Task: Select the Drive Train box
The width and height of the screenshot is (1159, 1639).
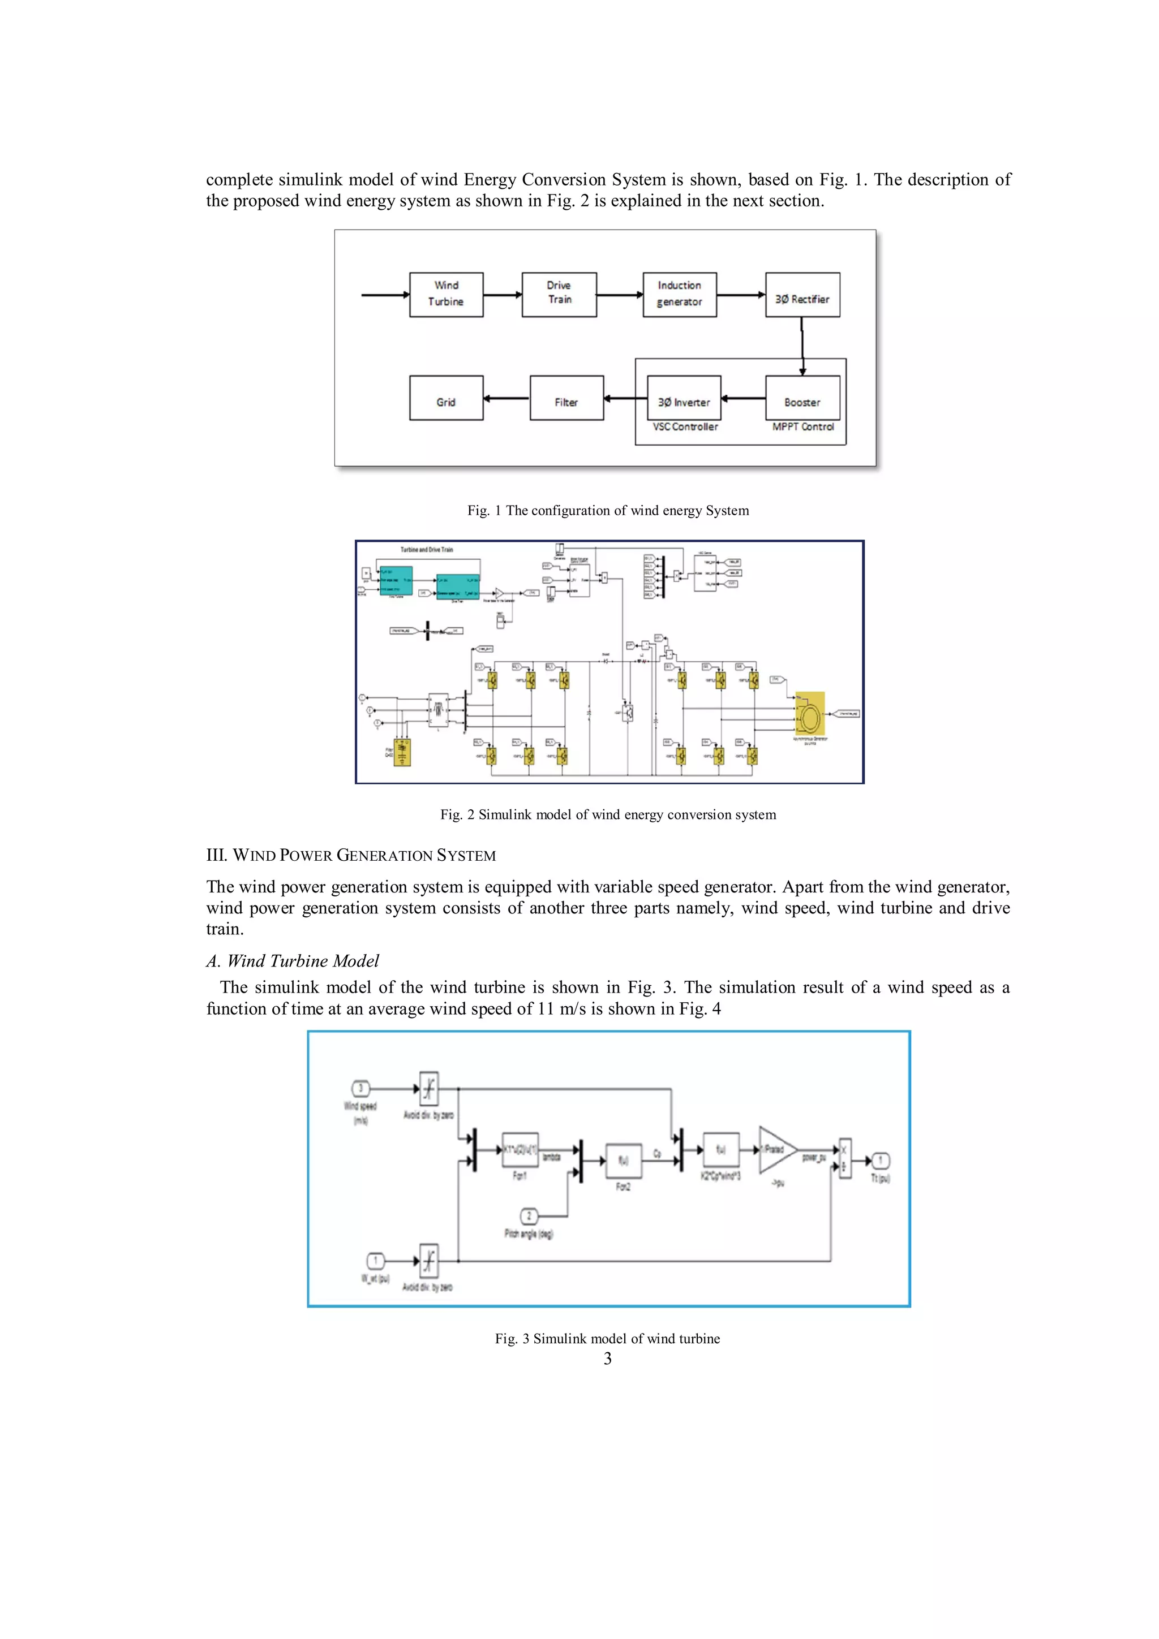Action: click(559, 294)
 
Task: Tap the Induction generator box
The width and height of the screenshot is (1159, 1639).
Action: click(679, 294)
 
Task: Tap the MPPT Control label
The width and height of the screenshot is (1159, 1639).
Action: click(802, 427)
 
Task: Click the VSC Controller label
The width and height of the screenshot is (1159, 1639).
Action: click(685, 427)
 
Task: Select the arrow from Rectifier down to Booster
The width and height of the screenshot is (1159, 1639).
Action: click(802, 346)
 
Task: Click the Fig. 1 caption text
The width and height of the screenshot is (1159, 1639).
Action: click(608, 510)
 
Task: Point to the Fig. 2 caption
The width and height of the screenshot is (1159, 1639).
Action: click(608, 814)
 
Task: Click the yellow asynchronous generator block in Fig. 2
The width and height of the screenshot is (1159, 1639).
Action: click(810, 713)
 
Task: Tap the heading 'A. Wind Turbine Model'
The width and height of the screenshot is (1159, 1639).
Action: click(292, 961)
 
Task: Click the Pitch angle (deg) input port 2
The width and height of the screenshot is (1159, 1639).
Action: click(529, 1216)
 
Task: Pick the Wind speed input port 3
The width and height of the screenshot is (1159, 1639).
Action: click(360, 1089)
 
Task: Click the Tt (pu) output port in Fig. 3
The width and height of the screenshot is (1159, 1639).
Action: click(881, 1160)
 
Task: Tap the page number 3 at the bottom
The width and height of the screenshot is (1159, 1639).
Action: click(608, 1358)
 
